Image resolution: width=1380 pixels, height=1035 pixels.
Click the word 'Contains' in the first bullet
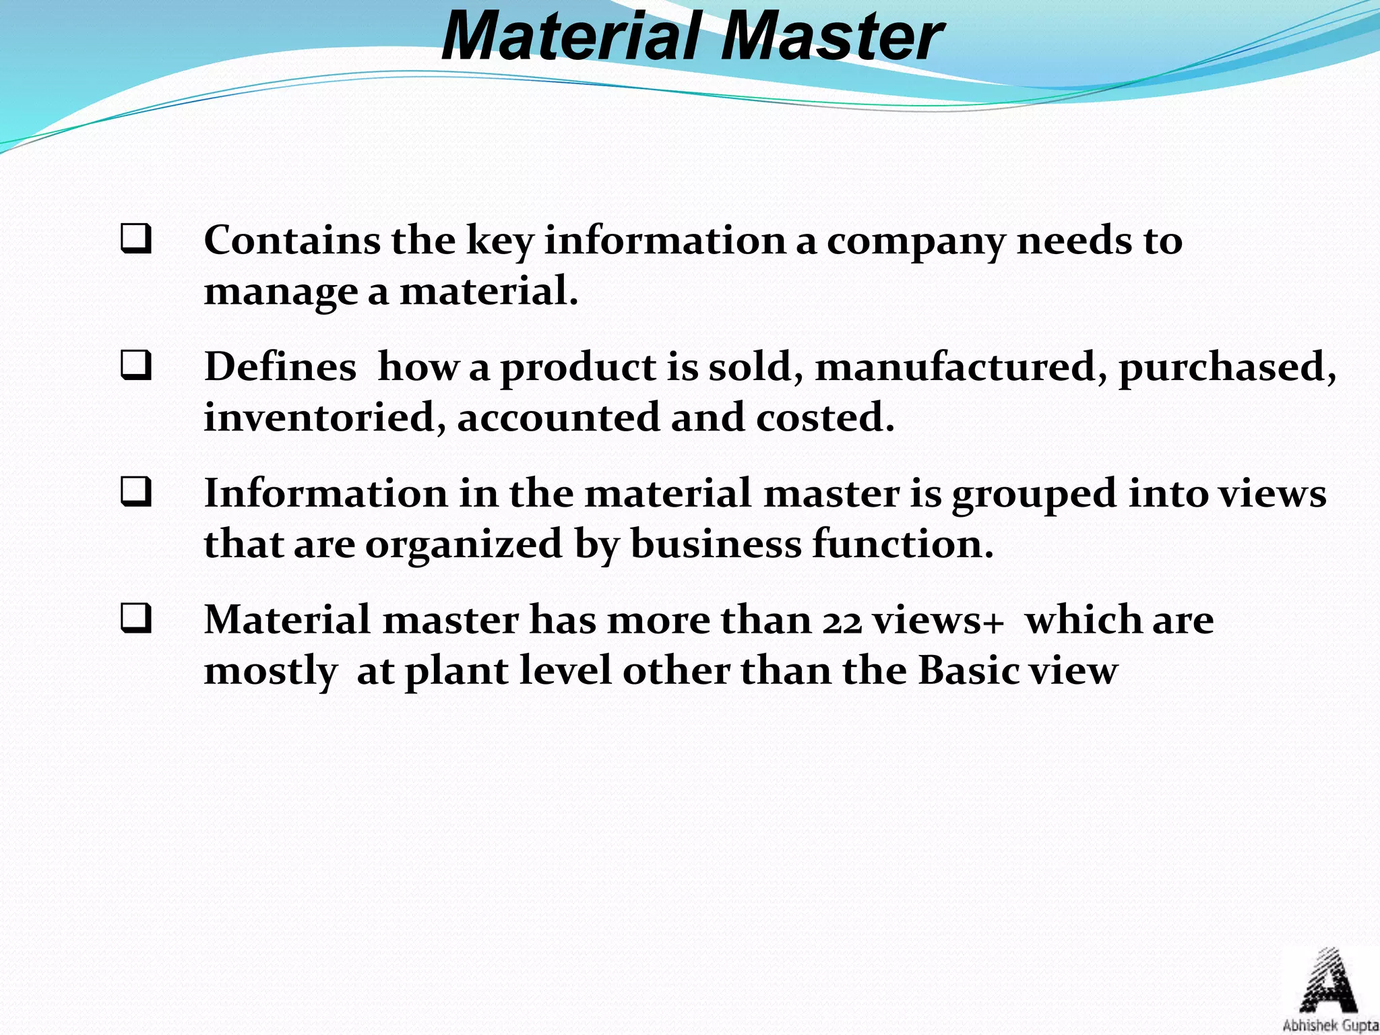point(291,241)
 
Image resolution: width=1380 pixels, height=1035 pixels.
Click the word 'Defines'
point(280,367)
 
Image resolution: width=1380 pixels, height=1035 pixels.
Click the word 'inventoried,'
point(325,418)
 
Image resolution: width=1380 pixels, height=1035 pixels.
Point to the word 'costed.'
point(825,418)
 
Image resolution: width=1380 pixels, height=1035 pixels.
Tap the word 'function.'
point(902,544)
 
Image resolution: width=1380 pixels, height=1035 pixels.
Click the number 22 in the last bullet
point(842,621)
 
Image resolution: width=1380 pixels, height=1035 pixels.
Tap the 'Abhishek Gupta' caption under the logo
point(1330,1026)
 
